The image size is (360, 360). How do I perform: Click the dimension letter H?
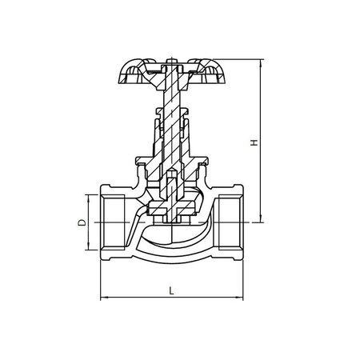254,143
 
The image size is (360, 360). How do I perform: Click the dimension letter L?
171,291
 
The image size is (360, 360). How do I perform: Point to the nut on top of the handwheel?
171,58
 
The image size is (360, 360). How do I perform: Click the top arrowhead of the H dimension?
262,61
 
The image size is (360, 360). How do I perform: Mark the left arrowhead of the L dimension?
102,299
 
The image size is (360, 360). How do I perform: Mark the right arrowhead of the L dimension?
240,299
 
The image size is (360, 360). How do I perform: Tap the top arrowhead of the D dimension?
87,197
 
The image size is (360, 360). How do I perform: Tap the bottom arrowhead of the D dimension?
87,249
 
